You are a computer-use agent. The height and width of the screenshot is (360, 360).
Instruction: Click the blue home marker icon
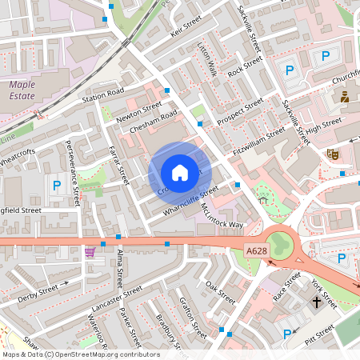tap(180, 173)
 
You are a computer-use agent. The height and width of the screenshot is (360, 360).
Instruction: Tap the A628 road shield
tap(256, 251)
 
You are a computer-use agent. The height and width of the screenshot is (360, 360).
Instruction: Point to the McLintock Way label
tap(222, 214)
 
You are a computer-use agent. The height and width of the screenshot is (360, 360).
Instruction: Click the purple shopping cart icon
tap(89, 251)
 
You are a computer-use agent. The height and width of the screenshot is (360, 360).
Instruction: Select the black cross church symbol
tap(317, 302)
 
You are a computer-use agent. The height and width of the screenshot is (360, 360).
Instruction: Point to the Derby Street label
tap(38, 292)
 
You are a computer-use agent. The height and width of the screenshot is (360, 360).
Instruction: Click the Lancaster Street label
tap(117, 297)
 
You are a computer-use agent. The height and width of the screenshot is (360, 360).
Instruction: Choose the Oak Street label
tap(220, 291)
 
